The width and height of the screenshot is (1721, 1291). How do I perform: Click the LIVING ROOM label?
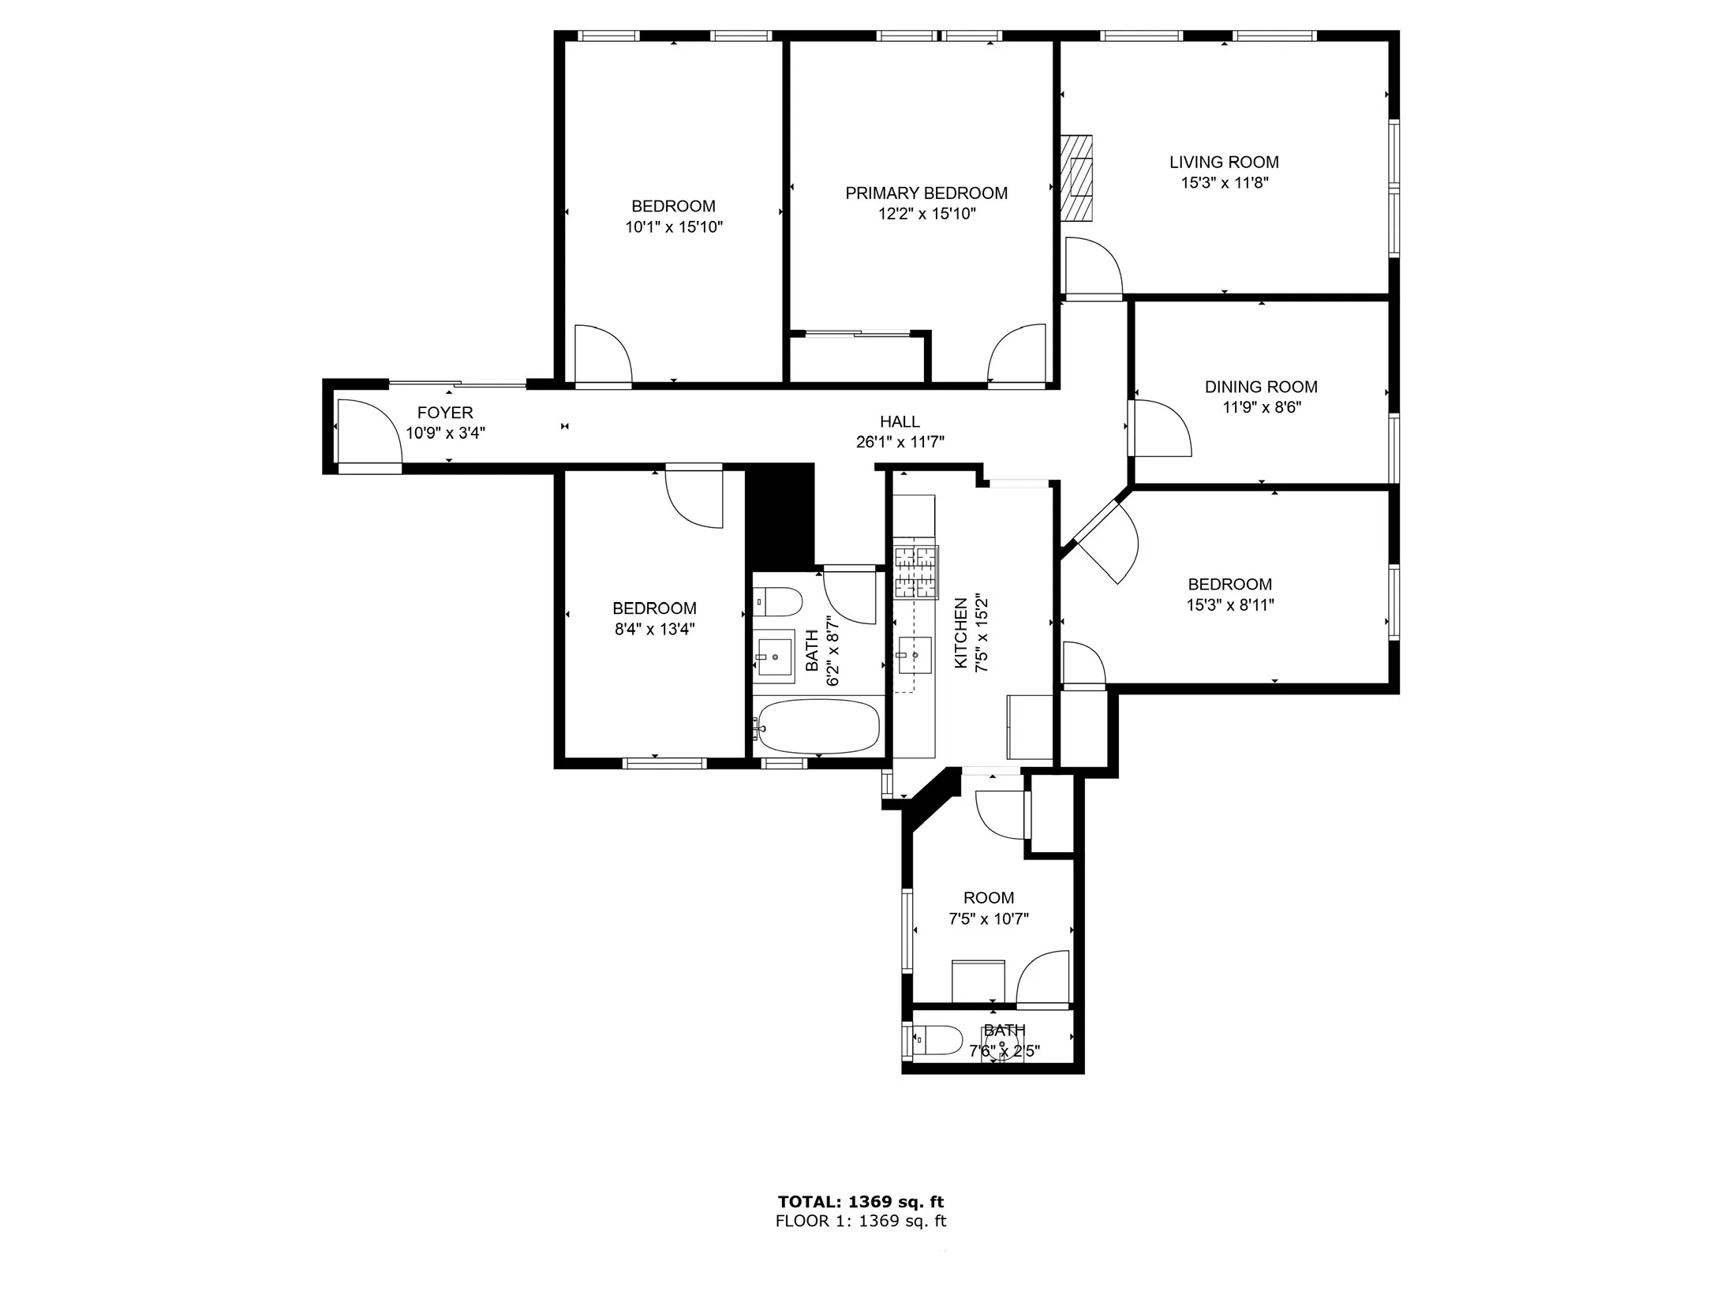tap(1223, 162)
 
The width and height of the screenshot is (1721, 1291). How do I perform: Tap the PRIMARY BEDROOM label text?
tap(926, 193)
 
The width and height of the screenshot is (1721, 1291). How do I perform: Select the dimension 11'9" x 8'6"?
tap(1261, 407)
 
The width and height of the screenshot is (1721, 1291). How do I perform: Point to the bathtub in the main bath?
tap(817, 726)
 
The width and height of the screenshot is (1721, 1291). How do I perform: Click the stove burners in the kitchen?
tap(915, 571)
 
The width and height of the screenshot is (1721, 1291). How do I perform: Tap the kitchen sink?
tap(915, 655)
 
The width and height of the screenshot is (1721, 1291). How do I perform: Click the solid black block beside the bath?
tap(780, 513)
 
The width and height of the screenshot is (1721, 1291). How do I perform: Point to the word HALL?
tap(900, 422)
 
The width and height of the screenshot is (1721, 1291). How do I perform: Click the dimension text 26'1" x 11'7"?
tap(900, 443)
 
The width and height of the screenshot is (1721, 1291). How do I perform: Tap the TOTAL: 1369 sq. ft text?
tap(860, 1202)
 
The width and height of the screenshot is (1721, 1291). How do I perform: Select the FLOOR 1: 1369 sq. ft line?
tap(860, 1222)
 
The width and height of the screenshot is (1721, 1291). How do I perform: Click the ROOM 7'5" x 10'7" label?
tap(988, 908)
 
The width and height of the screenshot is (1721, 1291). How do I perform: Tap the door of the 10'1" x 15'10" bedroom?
tap(601, 355)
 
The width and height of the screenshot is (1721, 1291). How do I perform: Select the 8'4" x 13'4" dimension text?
tap(654, 629)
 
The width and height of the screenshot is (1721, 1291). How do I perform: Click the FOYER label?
tap(445, 412)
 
